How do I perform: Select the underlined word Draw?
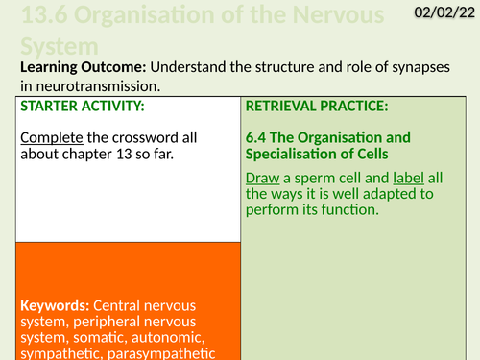[264, 178]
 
